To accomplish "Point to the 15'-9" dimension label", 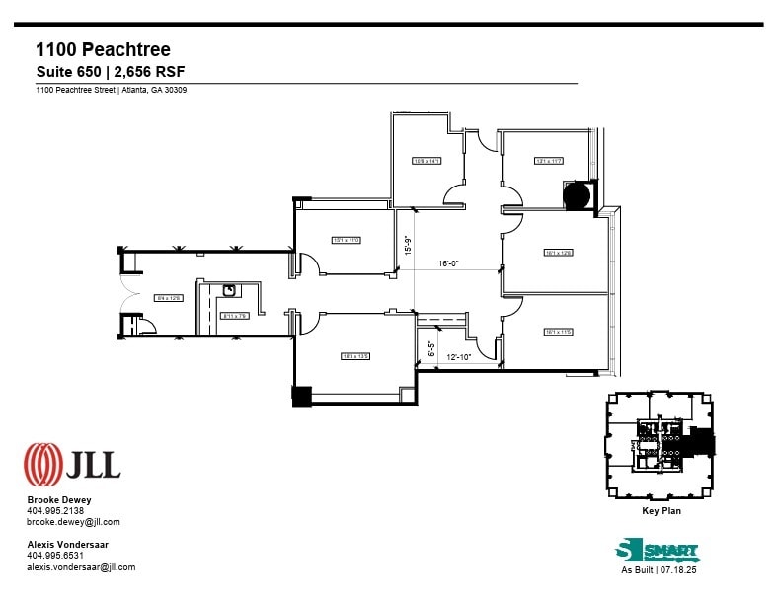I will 406,244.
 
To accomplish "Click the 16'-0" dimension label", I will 449,263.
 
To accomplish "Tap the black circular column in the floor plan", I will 577,195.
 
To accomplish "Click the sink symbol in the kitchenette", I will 228,290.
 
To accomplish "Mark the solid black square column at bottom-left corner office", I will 301,395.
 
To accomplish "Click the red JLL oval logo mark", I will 42,461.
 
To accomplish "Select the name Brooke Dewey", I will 59,500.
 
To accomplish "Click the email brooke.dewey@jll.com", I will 73,522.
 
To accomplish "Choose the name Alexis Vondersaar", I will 68,545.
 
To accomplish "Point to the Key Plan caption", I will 661,511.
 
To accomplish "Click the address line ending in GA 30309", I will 112,90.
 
